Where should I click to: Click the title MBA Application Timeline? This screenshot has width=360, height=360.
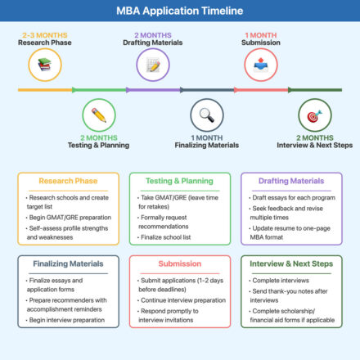pos(179,11)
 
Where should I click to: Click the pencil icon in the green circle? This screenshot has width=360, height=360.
pos(99,115)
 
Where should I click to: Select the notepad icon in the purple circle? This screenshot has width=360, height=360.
pos(152,63)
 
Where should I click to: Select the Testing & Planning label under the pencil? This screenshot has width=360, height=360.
pos(99,146)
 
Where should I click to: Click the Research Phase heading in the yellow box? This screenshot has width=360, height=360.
pos(68,181)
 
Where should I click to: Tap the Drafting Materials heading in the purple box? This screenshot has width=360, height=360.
pos(290,181)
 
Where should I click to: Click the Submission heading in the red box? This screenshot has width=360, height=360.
pos(179,264)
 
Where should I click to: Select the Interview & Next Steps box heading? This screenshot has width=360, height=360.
pos(290,264)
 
